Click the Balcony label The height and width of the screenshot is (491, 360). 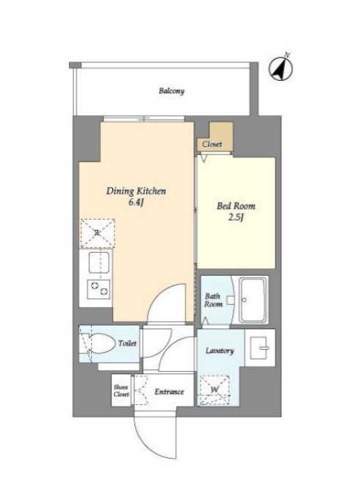(171, 91)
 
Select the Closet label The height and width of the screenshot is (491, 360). (212, 144)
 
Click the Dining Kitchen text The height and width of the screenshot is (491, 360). (136, 191)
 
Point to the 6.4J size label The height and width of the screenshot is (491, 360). (136, 203)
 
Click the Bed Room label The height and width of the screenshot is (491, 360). (236, 206)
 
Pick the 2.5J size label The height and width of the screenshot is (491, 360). (236, 218)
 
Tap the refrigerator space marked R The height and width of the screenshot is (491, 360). (98, 233)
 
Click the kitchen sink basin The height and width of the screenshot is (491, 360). (99, 262)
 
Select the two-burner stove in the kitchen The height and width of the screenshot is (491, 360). (99, 289)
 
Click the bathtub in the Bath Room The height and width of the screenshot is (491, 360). (253, 300)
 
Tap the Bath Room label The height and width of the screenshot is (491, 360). (214, 300)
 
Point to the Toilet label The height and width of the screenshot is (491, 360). (127, 343)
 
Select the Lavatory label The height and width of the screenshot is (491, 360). (220, 351)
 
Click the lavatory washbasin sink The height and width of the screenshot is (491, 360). (260, 348)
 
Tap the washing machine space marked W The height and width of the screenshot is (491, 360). (215, 390)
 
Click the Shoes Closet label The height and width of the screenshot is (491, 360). (121, 390)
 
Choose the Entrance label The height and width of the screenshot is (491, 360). (169, 392)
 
